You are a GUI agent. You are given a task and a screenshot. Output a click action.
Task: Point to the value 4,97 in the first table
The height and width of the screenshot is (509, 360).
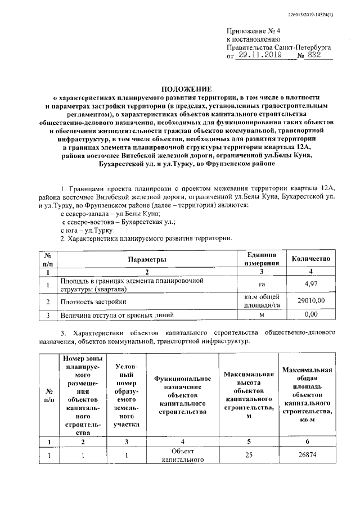[x=310, y=285]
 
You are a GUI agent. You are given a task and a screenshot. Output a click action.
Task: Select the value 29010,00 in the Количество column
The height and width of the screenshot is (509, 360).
[x=310, y=301]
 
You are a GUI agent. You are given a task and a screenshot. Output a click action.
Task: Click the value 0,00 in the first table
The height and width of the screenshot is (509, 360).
[x=310, y=315]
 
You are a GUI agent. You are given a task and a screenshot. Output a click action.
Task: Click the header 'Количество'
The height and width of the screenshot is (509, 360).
[x=310, y=259]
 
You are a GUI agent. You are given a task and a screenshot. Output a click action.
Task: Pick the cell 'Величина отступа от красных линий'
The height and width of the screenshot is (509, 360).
[x=117, y=315]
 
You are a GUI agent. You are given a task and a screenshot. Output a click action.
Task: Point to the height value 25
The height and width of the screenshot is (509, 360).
[x=248, y=455]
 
